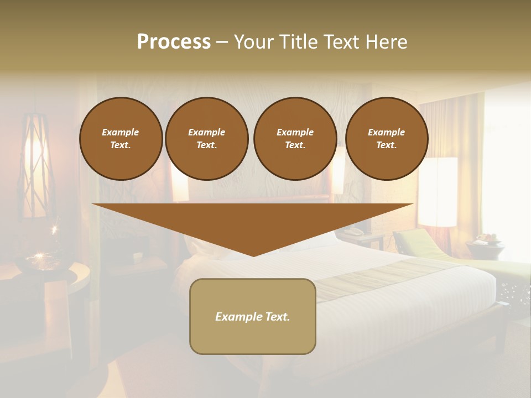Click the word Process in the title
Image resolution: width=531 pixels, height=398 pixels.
click(x=174, y=41)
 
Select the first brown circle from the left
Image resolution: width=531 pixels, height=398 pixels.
click(x=121, y=139)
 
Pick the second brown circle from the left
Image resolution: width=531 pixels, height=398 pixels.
click(x=207, y=139)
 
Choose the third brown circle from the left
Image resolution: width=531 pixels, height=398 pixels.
click(x=295, y=139)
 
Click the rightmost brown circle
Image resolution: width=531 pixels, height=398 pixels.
click(x=387, y=139)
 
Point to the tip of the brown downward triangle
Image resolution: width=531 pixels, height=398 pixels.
click(x=253, y=255)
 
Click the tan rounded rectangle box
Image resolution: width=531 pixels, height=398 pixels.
click(x=253, y=316)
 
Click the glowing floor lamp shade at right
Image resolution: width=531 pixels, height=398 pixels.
click(x=438, y=191)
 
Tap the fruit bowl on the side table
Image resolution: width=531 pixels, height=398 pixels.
click(x=485, y=240)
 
